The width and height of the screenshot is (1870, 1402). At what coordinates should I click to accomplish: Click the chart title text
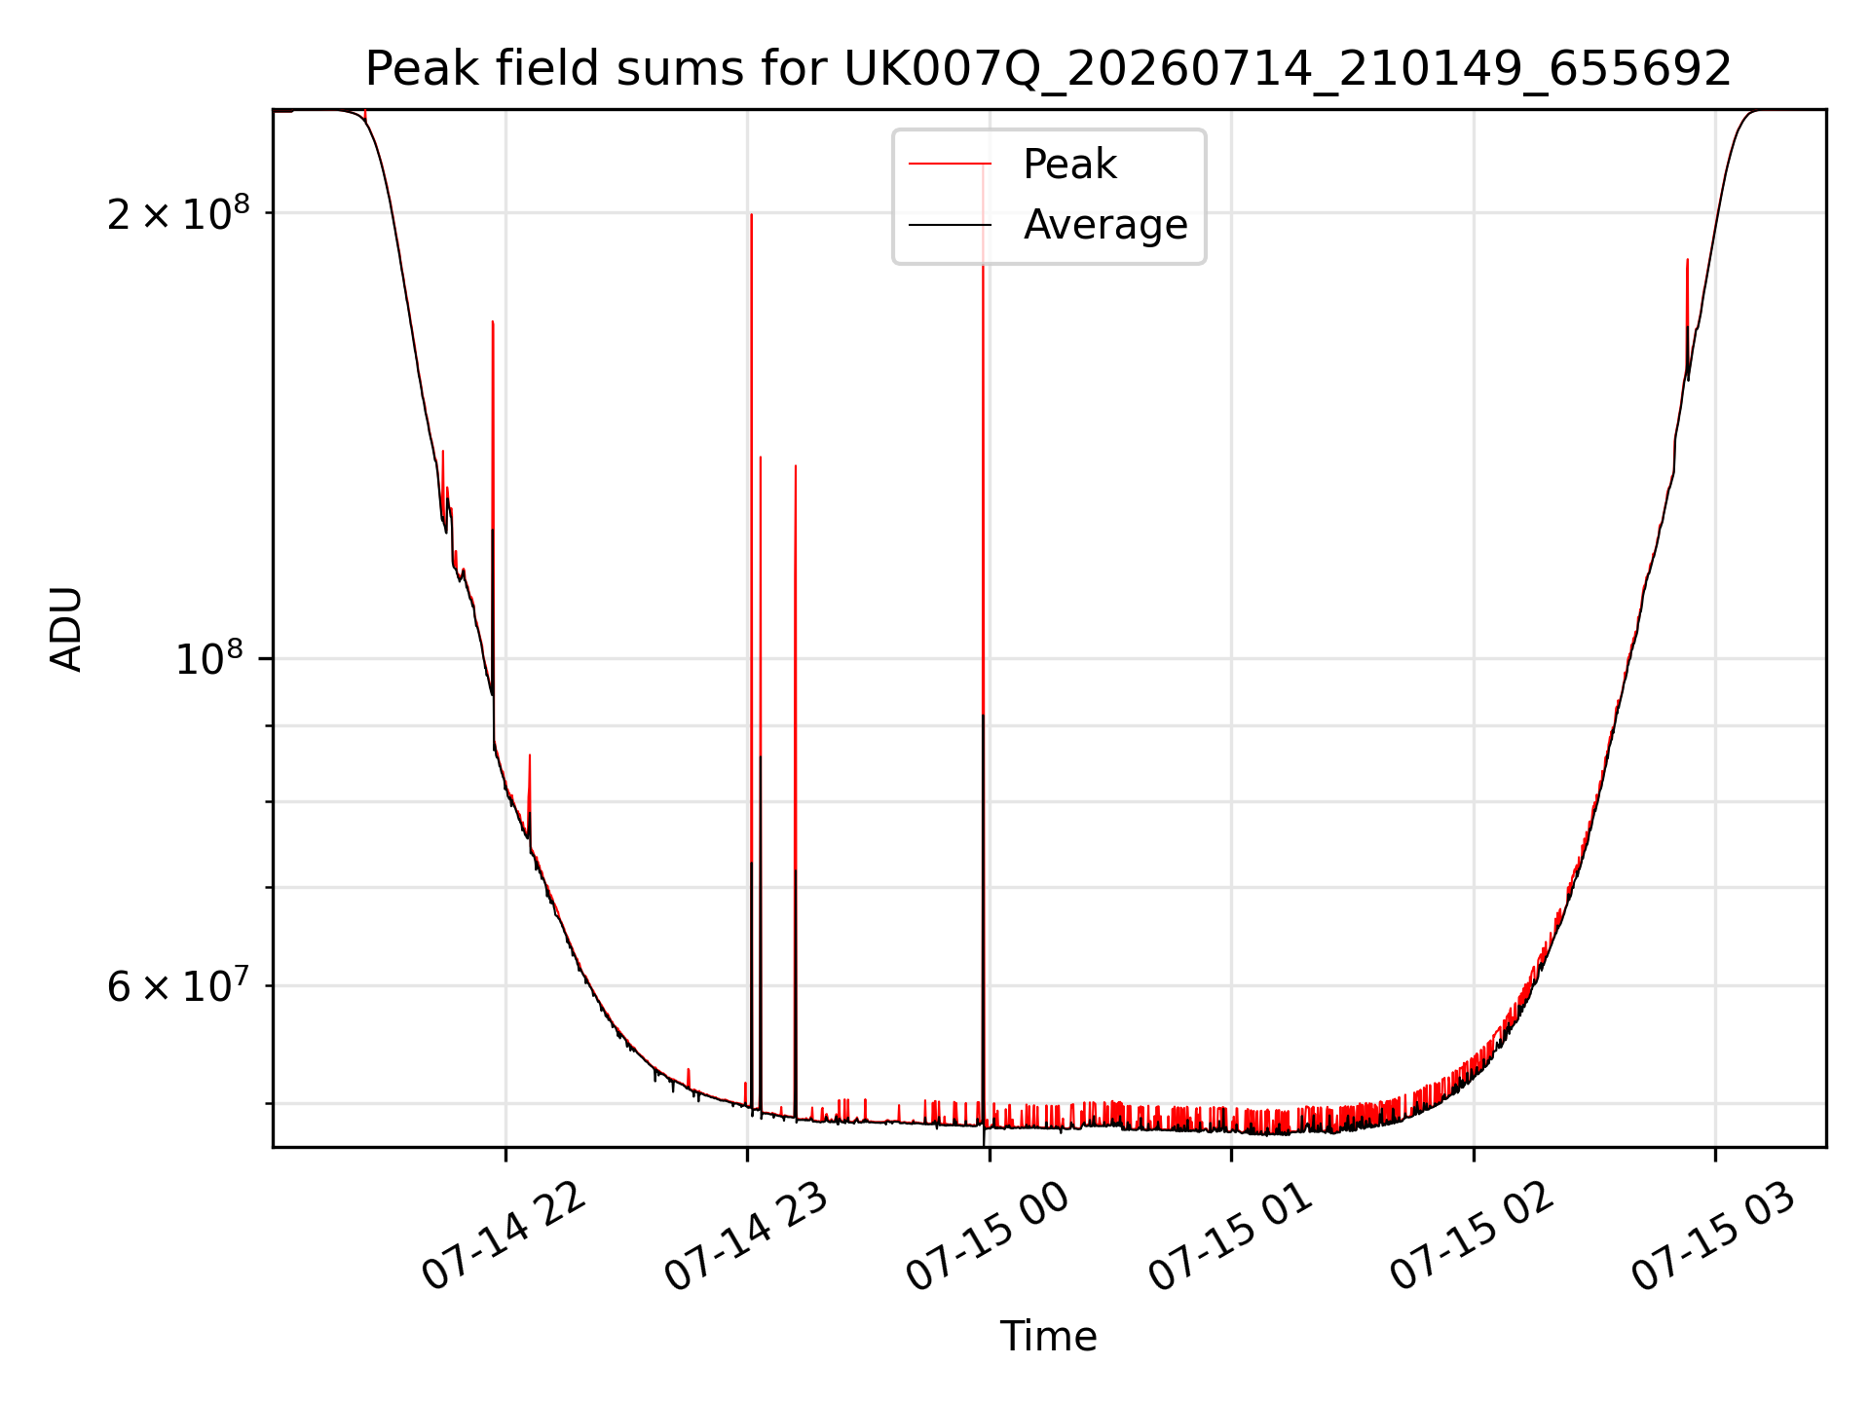(x=1048, y=69)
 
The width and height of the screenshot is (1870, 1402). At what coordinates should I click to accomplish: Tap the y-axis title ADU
(x=66, y=629)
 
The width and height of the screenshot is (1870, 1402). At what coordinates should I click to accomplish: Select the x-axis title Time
(x=1048, y=1337)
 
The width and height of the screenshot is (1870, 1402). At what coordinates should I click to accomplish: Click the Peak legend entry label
(x=1069, y=165)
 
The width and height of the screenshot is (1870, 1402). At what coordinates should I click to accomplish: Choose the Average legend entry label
(x=1105, y=225)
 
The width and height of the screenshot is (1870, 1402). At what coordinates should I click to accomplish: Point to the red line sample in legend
(x=950, y=165)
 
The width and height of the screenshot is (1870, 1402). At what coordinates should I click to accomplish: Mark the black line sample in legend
(x=950, y=226)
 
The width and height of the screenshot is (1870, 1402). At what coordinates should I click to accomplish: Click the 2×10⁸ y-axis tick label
(x=178, y=212)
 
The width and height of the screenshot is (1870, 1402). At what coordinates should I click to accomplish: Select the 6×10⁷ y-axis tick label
(x=178, y=985)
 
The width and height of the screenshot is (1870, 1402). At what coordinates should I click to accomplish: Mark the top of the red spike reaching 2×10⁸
(x=751, y=214)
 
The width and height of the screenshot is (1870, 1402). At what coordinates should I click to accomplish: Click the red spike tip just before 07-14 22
(x=493, y=321)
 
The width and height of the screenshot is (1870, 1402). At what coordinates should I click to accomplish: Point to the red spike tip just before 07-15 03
(x=1687, y=260)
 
